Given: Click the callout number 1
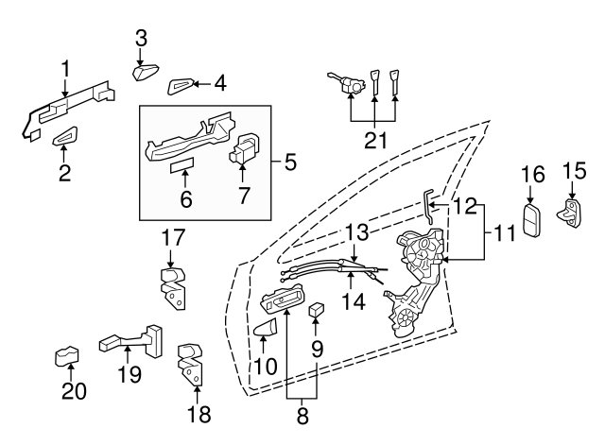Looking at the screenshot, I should pyautogui.click(x=65, y=68).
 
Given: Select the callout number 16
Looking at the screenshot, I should pyautogui.click(x=533, y=174).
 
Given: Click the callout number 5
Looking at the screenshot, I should pyautogui.click(x=289, y=162).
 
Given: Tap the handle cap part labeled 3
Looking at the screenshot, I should pyautogui.click(x=147, y=72).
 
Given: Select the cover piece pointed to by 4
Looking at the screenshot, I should pyautogui.click(x=181, y=87).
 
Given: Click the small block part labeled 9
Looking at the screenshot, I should pyautogui.click(x=317, y=308).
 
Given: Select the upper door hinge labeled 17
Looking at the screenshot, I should pyautogui.click(x=171, y=285).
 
